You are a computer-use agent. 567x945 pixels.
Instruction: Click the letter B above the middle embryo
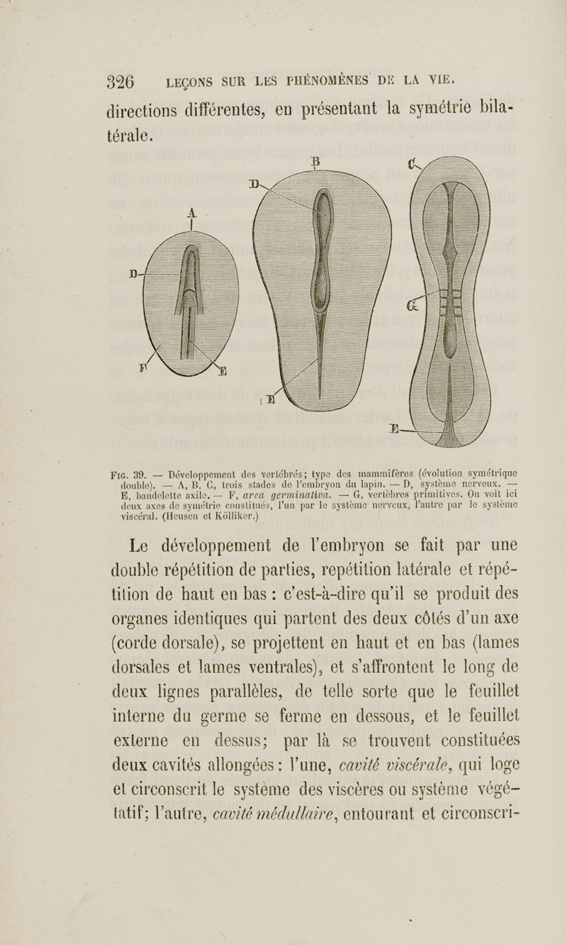[x=316, y=160]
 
